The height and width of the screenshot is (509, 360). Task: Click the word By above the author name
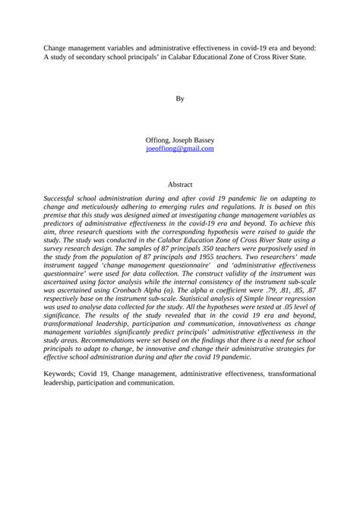pyautogui.click(x=180, y=99)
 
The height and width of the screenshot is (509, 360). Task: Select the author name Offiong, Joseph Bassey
pyautogui.click(x=180, y=141)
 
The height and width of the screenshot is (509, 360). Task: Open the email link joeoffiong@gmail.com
pyautogui.click(x=180, y=149)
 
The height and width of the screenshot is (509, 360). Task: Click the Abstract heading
pyautogui.click(x=180, y=184)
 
